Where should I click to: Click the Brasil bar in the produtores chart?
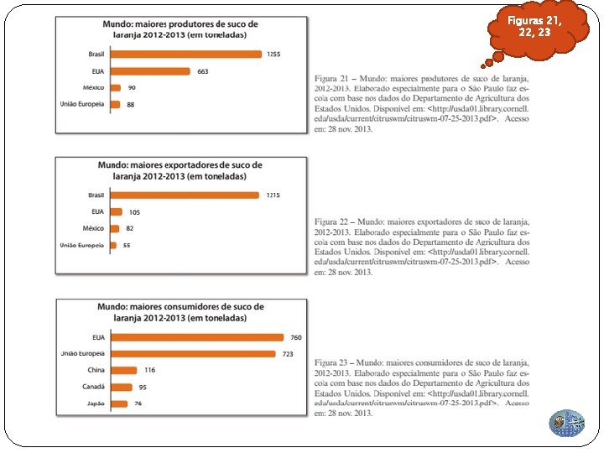[x=187, y=55]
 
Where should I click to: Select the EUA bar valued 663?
[x=150, y=71]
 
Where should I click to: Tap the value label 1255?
[x=273, y=55]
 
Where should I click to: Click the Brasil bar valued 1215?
[x=185, y=195]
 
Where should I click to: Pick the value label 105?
[x=134, y=212]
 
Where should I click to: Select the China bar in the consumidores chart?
[x=124, y=370]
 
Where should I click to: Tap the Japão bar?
[x=120, y=404]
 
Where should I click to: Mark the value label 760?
[x=295, y=337]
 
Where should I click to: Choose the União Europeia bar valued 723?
[x=194, y=354]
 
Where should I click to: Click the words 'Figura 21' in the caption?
[x=331, y=78]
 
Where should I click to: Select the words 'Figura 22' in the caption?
[x=331, y=220]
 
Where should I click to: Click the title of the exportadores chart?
[x=180, y=171]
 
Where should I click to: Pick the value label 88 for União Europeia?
[x=130, y=104]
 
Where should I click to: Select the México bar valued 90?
[x=116, y=87]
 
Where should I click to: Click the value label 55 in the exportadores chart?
[x=127, y=245]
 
